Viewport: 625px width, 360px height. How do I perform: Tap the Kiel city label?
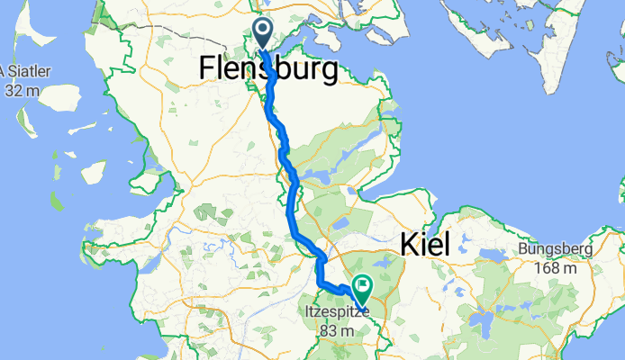pyautogui.click(x=423, y=243)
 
